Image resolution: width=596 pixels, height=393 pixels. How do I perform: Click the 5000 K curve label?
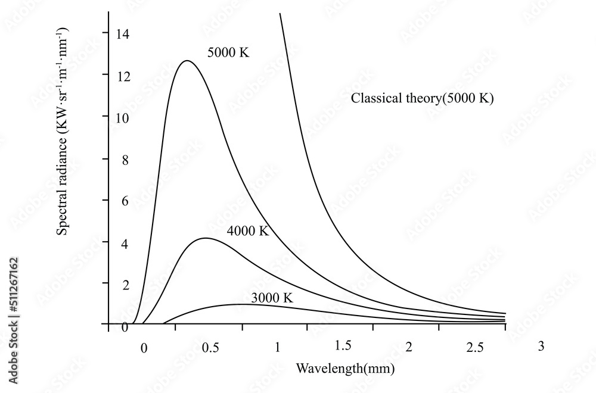pyautogui.click(x=228, y=52)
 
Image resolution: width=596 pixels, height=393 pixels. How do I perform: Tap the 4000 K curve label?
pyautogui.click(x=248, y=231)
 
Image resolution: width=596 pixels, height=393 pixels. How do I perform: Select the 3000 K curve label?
pyautogui.click(x=272, y=298)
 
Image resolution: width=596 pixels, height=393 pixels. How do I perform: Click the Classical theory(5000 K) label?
pyautogui.click(x=423, y=99)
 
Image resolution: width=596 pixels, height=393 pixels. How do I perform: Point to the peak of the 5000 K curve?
pyautogui.click(x=187, y=61)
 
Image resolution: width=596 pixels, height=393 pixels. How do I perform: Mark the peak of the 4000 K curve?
pyautogui.click(x=205, y=238)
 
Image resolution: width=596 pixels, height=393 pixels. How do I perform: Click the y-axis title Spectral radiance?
pyautogui.click(x=64, y=131)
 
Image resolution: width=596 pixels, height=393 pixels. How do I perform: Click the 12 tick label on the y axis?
pyautogui.click(x=122, y=76)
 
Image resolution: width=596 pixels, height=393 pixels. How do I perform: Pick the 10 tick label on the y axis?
pyautogui.click(x=122, y=117)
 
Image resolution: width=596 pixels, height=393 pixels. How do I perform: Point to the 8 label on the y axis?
pyautogui.click(x=125, y=160)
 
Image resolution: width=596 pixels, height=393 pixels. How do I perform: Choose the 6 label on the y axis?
pyautogui.click(x=125, y=201)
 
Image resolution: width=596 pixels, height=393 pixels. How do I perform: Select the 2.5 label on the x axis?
pyautogui.click(x=475, y=347)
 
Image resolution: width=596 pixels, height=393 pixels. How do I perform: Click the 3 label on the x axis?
pyautogui.click(x=541, y=345)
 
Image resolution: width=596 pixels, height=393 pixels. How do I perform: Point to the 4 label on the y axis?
pyautogui.click(x=125, y=243)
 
